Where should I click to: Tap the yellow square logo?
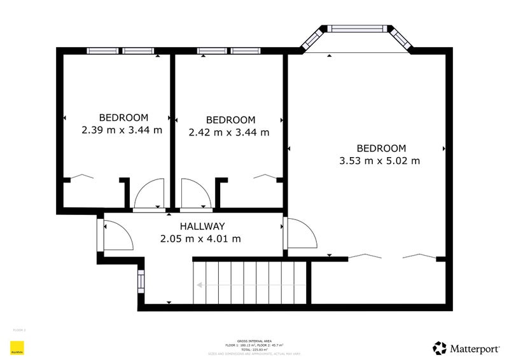pos(17,348)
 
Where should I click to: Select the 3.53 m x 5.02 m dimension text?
pos(380,161)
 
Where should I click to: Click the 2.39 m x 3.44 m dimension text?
pos(122,130)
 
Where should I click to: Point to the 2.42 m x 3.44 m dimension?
pos(229,132)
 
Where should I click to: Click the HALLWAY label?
pos(202,226)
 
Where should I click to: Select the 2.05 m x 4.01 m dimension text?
pos(200,239)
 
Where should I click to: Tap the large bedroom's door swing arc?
pos(302,233)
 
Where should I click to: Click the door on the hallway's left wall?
pos(116,235)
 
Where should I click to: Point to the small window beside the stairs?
pos(141,280)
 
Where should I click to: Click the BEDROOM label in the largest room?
pos(380,148)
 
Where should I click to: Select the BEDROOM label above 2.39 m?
pos(123,117)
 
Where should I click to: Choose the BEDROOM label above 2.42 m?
pos(230,120)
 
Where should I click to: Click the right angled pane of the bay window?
pos(402,39)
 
